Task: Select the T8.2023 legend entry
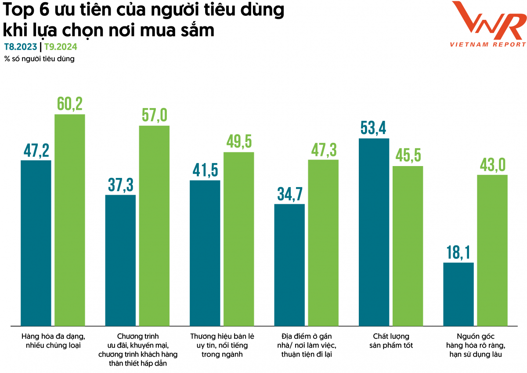(x=21, y=47)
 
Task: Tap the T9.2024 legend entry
(x=61, y=47)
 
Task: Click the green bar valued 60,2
(x=69, y=220)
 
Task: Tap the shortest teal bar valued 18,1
(x=458, y=294)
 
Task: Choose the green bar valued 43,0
(x=492, y=250)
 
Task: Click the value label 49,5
(x=239, y=142)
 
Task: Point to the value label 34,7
(x=289, y=194)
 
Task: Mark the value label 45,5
(x=408, y=156)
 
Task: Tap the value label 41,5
(x=205, y=170)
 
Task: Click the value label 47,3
(x=323, y=150)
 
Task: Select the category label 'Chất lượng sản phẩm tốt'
(x=390, y=340)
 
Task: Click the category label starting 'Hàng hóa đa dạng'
(x=53, y=340)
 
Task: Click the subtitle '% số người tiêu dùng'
(x=40, y=59)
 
